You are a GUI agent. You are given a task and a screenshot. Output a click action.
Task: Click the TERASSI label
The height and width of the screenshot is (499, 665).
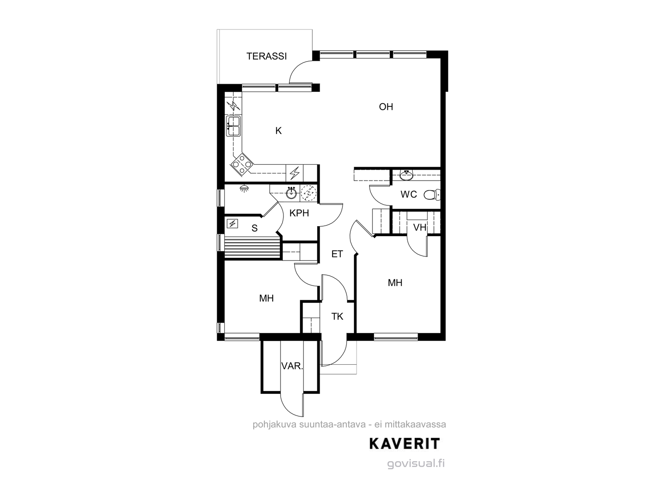[x=266, y=57]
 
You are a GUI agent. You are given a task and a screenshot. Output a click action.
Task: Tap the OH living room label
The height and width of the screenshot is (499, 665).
[x=386, y=106]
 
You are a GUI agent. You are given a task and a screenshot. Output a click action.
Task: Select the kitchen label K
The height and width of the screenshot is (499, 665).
[x=278, y=131]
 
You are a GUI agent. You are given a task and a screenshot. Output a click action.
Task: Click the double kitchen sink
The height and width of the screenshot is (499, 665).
[x=233, y=126]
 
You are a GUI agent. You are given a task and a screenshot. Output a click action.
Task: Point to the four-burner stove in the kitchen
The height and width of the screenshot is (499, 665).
[x=242, y=164]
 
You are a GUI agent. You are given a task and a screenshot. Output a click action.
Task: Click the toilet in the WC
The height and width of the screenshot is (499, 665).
[x=432, y=195]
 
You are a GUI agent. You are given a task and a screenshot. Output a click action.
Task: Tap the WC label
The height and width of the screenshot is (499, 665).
[x=409, y=195]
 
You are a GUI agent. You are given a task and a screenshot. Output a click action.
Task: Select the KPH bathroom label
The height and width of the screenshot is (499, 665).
[x=299, y=213]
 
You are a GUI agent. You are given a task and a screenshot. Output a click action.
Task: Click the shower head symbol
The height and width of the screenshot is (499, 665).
[x=244, y=188]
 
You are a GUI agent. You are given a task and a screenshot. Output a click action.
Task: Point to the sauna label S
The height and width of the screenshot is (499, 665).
[x=254, y=228]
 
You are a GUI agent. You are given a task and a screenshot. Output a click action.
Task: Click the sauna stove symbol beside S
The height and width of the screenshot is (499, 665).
[x=232, y=224]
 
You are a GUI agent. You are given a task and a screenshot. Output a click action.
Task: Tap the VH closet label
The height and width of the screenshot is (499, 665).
[x=420, y=227]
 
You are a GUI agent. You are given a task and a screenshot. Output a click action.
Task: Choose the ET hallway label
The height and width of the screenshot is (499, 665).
[x=337, y=254]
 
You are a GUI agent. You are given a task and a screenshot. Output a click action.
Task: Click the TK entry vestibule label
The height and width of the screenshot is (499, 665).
[x=337, y=316]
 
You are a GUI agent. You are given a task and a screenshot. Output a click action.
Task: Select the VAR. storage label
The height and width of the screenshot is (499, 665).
[x=292, y=366]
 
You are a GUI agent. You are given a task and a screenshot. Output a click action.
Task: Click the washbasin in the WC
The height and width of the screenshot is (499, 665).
[x=406, y=175]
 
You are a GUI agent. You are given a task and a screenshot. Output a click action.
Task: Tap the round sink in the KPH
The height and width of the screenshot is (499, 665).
[x=291, y=193]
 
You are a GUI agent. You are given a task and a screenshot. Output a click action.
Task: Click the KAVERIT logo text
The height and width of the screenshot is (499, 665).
[x=404, y=444]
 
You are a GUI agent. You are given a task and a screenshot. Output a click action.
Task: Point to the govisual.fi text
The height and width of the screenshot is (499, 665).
[x=416, y=464]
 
